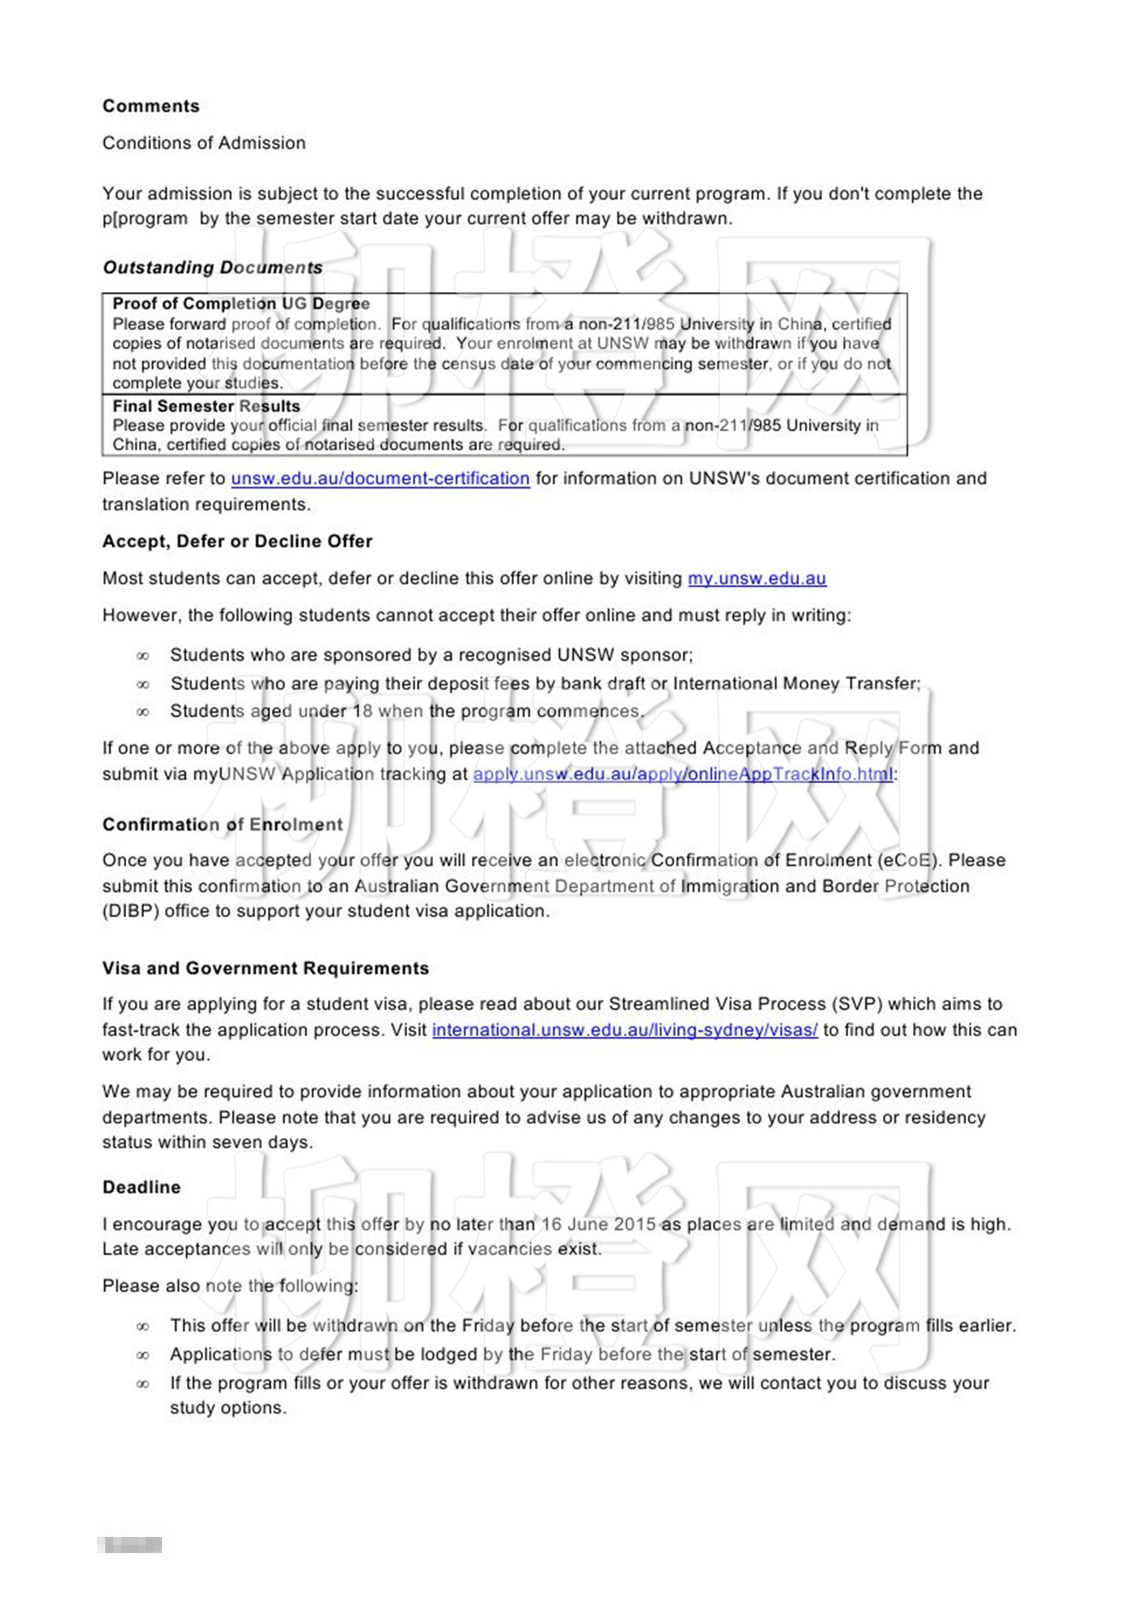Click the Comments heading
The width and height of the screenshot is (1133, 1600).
(151, 106)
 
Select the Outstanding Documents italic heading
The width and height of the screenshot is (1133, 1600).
(213, 267)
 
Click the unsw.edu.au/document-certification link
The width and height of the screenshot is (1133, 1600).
(380, 479)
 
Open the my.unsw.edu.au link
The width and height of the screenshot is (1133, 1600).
(757, 578)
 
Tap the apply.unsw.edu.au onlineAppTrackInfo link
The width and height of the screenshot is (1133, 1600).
(683, 774)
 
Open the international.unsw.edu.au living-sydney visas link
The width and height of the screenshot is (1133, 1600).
(625, 1030)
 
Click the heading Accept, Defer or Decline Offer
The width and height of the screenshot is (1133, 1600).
(237, 541)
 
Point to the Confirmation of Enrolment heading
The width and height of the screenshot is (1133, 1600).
(223, 824)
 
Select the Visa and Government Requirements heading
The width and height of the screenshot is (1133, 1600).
(265, 968)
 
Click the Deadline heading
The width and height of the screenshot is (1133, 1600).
(142, 1187)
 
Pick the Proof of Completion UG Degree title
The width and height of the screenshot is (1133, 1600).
(241, 304)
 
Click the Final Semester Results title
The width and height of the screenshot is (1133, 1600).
(206, 406)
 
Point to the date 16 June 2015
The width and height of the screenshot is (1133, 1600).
(598, 1224)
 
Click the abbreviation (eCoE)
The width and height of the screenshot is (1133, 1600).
(910, 860)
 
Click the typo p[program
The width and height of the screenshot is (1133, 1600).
(145, 218)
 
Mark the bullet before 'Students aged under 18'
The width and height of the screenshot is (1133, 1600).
(143, 712)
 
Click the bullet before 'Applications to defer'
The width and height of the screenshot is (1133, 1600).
(143, 1355)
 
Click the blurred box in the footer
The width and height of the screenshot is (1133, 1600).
(129, 1545)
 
